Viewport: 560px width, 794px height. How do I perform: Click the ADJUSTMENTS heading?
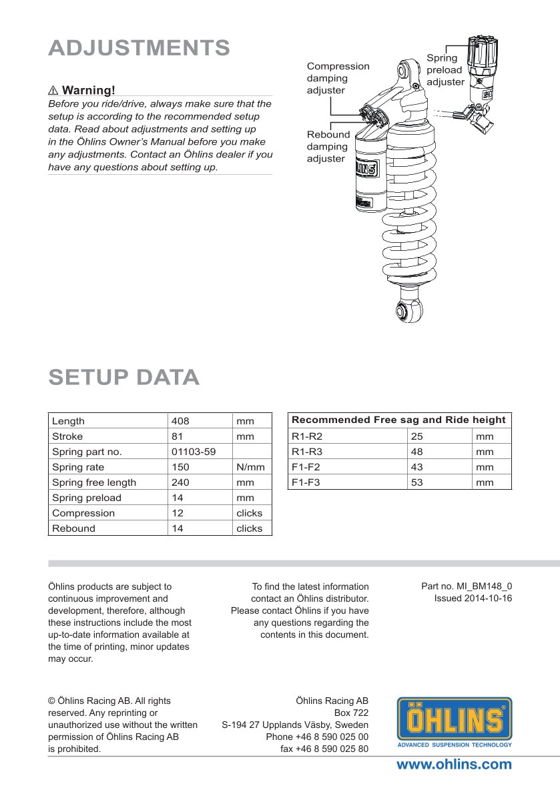pos(139,48)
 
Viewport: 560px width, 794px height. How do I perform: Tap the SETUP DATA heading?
pos(124,377)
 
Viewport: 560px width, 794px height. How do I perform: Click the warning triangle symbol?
pos(53,90)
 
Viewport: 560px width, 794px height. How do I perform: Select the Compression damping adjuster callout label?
pos(338,78)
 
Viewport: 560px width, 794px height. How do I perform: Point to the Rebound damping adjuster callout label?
pos(328,146)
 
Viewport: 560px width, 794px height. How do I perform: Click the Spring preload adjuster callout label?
pos(445,69)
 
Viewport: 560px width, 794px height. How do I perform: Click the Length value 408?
pos(180,421)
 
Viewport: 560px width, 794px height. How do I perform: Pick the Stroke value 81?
pos(177,436)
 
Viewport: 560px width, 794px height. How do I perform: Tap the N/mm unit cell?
pos(250,467)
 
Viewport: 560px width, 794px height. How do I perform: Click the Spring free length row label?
pos(94,482)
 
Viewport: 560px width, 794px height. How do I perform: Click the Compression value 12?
pos(177,513)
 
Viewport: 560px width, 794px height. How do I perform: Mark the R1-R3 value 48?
pos(417,452)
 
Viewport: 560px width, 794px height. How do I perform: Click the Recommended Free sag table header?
pos(399,420)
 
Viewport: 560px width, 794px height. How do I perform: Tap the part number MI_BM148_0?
pos(467,586)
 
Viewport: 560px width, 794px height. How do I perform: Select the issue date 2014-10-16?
pos(473,598)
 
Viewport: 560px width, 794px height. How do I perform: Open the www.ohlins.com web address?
pos(454,765)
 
